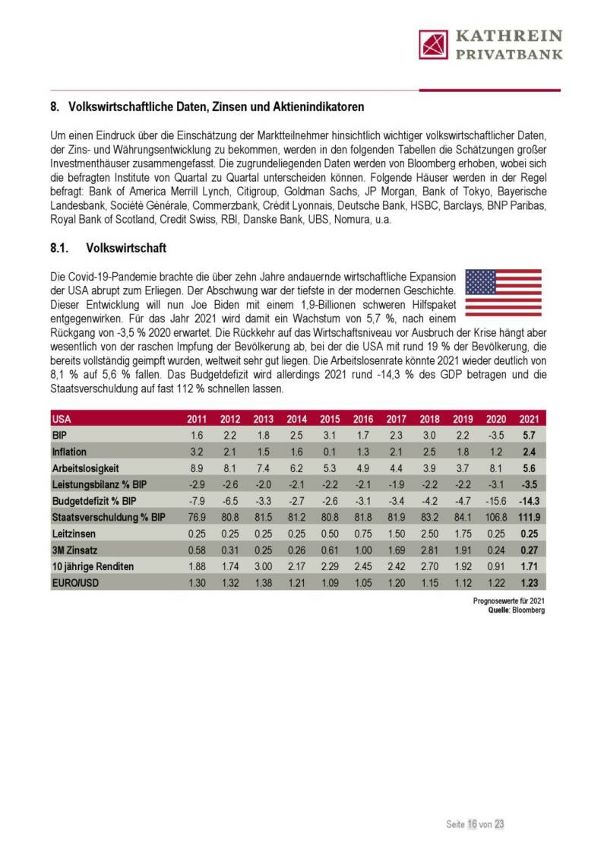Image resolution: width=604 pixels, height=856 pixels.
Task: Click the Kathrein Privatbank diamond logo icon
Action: tap(434, 44)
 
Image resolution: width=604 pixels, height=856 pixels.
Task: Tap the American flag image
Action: tap(503, 292)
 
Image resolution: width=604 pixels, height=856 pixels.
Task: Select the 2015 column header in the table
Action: tap(330, 419)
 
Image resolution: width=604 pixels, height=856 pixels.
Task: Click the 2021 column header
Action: tap(529, 419)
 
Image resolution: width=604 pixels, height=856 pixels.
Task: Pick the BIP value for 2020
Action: tap(495, 436)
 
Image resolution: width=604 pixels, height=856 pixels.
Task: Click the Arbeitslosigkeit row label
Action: tap(86, 469)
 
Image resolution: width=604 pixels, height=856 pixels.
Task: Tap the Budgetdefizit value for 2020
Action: tap(495, 502)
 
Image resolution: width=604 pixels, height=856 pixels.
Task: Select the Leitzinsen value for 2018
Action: tap(429, 534)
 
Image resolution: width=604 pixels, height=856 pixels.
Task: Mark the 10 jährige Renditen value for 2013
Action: tap(263, 567)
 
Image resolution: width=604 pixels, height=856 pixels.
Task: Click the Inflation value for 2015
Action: tap(330, 452)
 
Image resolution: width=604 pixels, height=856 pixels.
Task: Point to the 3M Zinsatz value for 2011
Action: tap(196, 550)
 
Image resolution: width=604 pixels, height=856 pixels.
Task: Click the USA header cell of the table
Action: tap(62, 419)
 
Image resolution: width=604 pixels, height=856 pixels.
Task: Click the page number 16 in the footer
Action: tap(472, 823)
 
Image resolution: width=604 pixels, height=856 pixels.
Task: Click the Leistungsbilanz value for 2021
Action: tap(529, 485)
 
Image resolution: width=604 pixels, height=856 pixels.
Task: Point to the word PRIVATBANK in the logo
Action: tap(508, 54)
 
